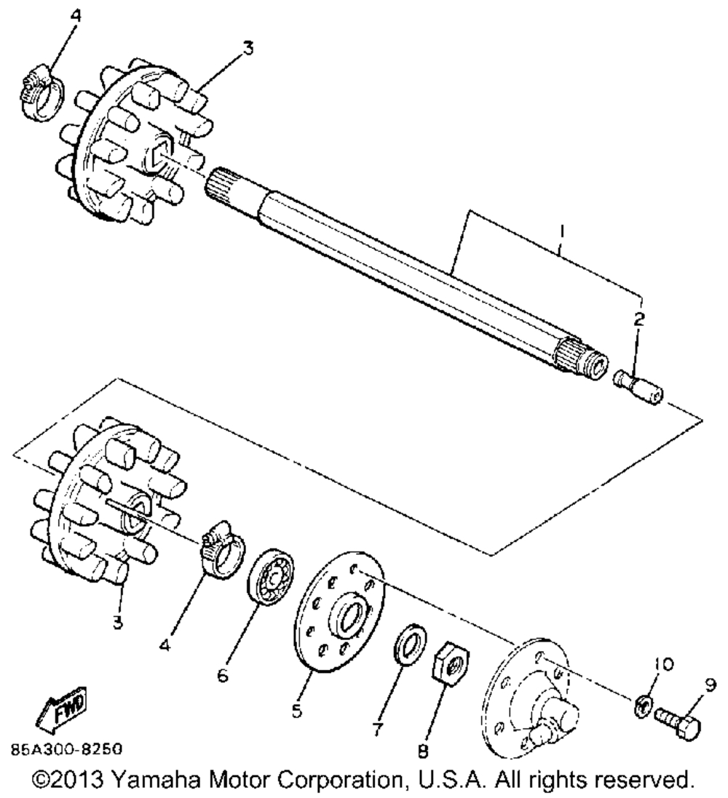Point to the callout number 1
click(561, 235)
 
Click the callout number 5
click(297, 711)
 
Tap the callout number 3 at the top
click(248, 49)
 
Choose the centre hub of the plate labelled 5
click(352, 613)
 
